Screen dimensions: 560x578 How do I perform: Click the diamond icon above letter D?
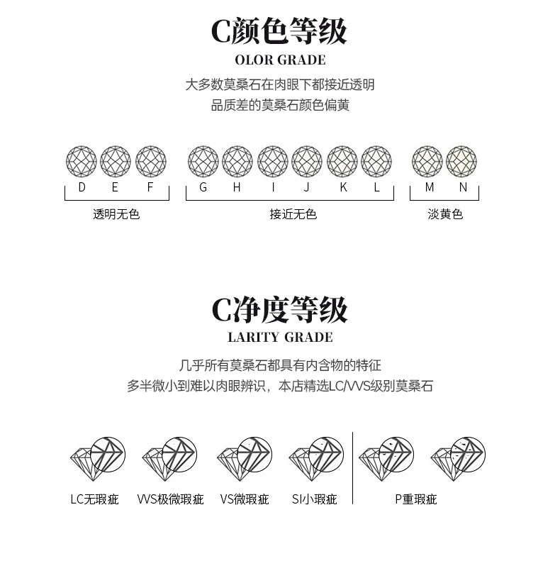point(81,162)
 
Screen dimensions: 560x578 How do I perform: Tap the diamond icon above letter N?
point(461,162)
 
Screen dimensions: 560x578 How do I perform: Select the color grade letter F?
point(150,187)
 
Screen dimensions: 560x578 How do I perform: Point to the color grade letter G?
point(203,187)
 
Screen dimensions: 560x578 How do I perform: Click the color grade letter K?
point(343,187)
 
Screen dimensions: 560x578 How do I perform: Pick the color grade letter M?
point(430,187)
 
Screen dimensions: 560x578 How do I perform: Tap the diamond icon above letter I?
point(273,162)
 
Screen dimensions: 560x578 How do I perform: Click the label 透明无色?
point(116,214)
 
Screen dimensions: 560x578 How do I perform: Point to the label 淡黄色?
point(445,214)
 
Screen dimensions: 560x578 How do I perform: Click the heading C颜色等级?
point(279,32)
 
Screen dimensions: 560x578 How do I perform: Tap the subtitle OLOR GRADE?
point(280,60)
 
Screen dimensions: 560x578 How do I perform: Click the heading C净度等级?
point(279,310)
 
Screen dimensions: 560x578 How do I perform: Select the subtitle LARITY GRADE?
point(280,338)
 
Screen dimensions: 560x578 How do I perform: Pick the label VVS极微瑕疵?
point(170,499)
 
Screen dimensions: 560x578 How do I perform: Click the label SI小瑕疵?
point(314,499)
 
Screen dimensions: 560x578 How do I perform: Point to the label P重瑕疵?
point(416,499)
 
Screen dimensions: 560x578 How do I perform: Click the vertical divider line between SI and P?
point(352,468)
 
